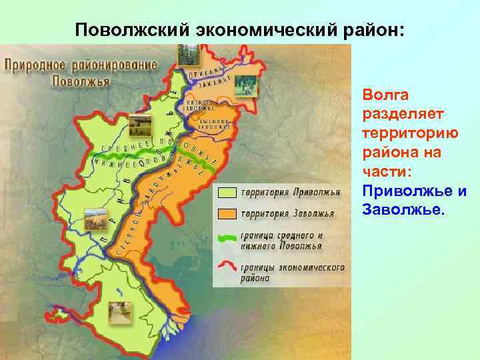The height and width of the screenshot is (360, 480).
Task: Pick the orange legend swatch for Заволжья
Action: (227, 215)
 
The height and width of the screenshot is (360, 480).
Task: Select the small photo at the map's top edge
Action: (187, 55)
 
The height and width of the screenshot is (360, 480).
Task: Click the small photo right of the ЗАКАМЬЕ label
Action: (247, 85)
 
